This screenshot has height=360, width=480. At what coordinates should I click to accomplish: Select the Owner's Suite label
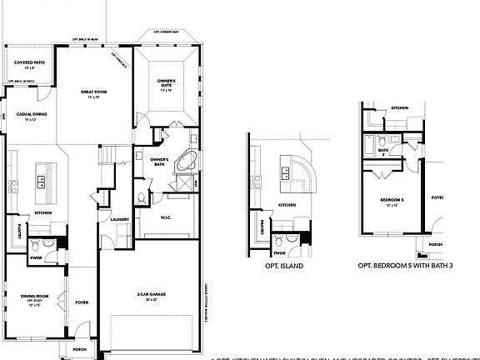[166, 83]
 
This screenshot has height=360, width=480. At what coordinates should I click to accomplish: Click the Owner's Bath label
[160, 161]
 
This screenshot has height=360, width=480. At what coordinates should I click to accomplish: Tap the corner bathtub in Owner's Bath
[184, 162]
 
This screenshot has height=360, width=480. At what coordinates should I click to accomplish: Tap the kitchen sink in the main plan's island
[41, 177]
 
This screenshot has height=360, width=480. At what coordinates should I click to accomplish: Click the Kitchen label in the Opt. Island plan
[286, 205]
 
